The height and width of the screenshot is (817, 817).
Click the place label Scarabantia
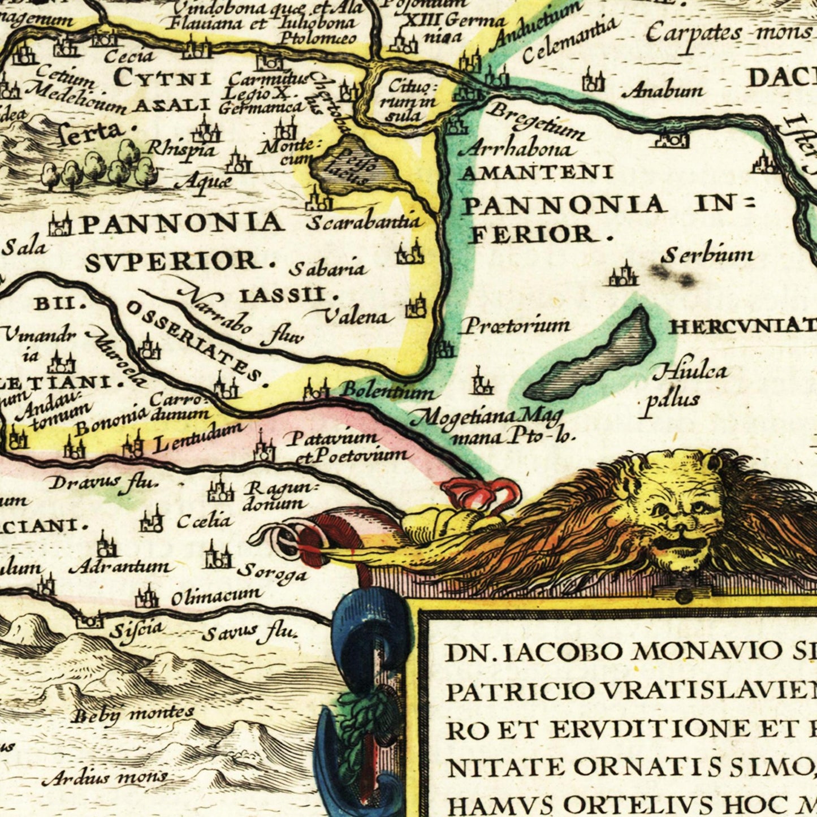click(x=364, y=221)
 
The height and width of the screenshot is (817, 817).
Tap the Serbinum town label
click(x=707, y=256)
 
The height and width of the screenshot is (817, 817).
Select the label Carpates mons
click(x=729, y=32)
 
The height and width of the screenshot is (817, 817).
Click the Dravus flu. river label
click(x=102, y=482)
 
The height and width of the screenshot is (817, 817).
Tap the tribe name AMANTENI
click(x=537, y=172)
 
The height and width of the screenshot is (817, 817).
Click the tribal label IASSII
click(x=289, y=295)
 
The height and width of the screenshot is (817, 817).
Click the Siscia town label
click(x=136, y=628)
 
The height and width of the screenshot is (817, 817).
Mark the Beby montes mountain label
click(x=134, y=715)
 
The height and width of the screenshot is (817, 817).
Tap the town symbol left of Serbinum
click(x=623, y=275)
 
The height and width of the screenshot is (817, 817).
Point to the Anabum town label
click(x=666, y=90)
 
